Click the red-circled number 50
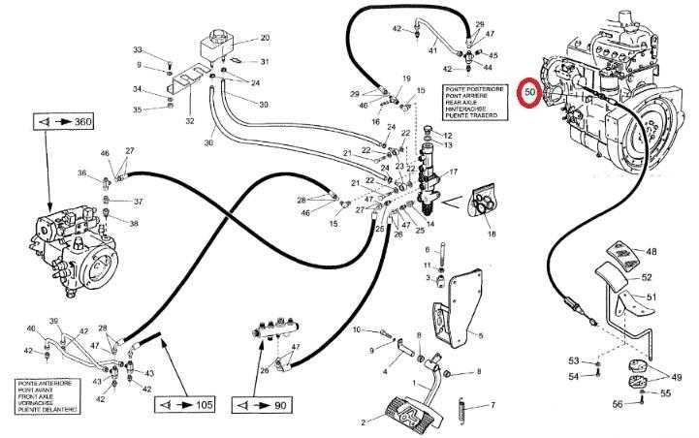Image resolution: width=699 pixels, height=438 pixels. (x=529, y=93)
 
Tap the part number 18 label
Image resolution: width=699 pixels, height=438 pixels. (x=492, y=234)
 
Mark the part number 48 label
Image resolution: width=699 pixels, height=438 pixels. (x=651, y=252)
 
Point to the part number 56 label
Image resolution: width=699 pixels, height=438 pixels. (x=616, y=403)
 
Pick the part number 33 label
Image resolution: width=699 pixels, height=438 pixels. (x=137, y=49)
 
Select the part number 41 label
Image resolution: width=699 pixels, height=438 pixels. (x=433, y=50)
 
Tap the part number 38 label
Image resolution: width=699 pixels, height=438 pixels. (x=134, y=223)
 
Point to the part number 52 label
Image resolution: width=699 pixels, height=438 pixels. (x=647, y=277)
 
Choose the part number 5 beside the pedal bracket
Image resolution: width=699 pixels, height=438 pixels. (x=479, y=335)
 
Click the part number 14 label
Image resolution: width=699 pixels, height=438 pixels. (x=430, y=225)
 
